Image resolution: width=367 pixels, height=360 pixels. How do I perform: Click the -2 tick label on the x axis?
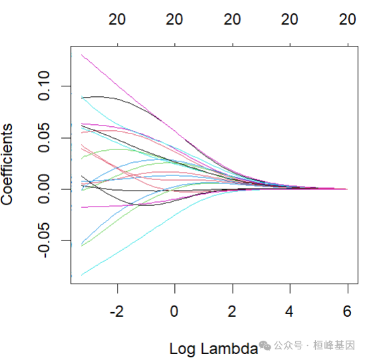[117, 311]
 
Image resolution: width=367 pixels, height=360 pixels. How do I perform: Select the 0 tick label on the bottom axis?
[174, 311]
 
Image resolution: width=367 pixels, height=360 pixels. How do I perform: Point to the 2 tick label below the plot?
[232, 311]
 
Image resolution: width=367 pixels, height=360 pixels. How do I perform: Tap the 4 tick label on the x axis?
[289, 311]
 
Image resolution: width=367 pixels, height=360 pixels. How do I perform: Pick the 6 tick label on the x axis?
[347, 311]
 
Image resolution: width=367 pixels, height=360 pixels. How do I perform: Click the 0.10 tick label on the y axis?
[45, 86]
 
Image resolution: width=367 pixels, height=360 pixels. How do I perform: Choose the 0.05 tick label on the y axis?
[45, 137]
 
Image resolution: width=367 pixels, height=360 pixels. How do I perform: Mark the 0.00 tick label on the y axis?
[45, 189]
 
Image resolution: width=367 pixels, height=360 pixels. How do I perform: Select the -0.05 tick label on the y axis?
[45, 240]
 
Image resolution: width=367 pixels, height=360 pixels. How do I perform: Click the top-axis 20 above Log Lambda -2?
[117, 20]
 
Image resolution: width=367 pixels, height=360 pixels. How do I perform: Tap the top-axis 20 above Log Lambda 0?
[174, 20]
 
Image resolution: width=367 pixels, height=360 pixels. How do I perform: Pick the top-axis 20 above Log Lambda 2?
[232, 20]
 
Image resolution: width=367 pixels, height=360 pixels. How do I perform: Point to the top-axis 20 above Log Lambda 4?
[289, 20]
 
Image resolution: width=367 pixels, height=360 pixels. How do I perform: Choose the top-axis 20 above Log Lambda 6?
[347, 20]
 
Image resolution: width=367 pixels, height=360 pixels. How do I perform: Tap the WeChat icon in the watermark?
[266, 345]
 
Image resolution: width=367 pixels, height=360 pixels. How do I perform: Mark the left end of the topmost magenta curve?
[82, 54]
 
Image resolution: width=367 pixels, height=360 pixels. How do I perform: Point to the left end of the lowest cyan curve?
[82, 275]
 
